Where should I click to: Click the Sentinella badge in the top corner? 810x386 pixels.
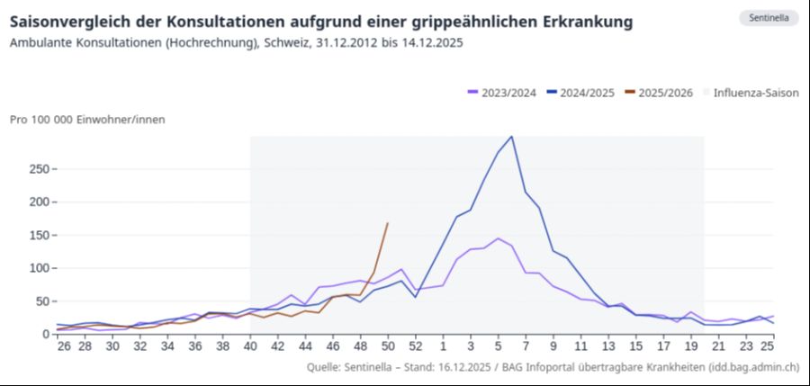click(x=769, y=18)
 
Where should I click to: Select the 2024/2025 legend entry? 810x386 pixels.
click(x=581, y=93)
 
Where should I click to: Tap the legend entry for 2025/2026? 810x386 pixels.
click(x=665, y=93)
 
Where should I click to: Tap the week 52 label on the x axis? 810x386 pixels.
click(x=415, y=346)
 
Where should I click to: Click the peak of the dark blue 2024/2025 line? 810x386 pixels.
click(x=512, y=137)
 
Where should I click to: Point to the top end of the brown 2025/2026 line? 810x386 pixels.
click(x=387, y=223)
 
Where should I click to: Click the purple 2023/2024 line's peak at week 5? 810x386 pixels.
click(x=498, y=238)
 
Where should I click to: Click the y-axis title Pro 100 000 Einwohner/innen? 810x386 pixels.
click(x=87, y=119)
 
